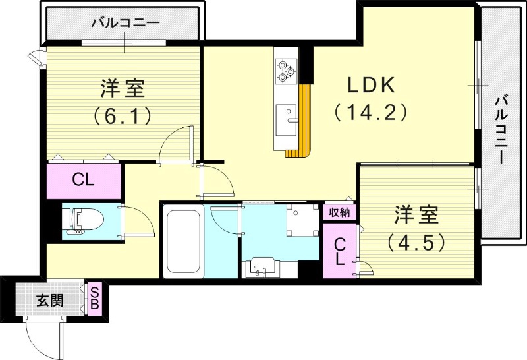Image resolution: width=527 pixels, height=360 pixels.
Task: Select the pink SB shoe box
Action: click(96, 299)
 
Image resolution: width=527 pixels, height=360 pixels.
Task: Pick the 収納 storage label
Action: click(340, 212)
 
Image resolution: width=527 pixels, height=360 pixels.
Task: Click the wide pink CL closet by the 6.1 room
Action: click(83, 180)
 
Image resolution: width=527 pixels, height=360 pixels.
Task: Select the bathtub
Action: click(182, 242)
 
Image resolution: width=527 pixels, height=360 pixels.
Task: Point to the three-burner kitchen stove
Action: click(286, 71)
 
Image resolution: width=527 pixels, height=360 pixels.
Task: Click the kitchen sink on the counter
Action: click(285, 119)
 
